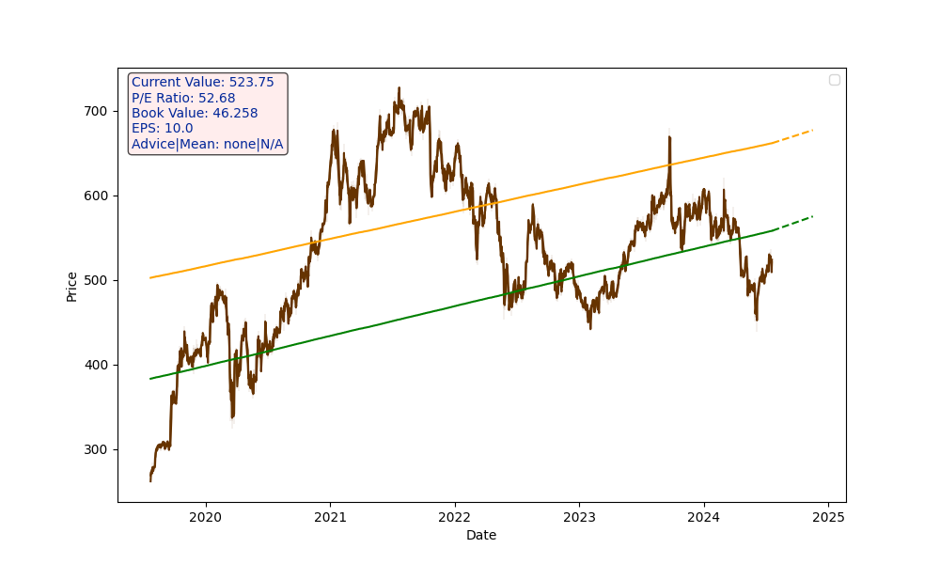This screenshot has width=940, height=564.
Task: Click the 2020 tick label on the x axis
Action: [x=205, y=517]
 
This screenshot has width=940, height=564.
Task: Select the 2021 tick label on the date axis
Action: [x=330, y=517]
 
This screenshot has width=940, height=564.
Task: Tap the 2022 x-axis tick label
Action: [x=454, y=517]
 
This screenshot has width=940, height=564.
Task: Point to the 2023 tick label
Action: [x=579, y=517]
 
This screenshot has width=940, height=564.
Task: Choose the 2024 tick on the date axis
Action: [x=703, y=517]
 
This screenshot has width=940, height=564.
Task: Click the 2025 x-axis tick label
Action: [x=828, y=517]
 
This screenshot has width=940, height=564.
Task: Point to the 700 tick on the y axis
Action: [x=97, y=111]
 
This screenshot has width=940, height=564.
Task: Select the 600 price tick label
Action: [x=97, y=196]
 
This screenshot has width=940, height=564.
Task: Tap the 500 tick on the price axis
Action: [x=97, y=280]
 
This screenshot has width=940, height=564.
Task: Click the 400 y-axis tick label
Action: [x=97, y=365]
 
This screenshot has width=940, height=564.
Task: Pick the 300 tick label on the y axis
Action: [x=97, y=449]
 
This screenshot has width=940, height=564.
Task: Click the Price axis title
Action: [x=72, y=286]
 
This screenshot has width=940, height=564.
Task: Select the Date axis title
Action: [x=481, y=536]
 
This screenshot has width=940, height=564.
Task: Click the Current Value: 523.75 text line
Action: [x=203, y=83]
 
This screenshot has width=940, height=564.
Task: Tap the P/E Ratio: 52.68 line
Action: [x=183, y=98]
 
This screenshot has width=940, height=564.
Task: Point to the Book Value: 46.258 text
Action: [x=195, y=114]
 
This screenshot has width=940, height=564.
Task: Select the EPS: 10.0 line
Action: [x=162, y=129]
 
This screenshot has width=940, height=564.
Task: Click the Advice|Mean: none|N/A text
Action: [x=207, y=145]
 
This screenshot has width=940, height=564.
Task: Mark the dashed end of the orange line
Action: [x=794, y=136]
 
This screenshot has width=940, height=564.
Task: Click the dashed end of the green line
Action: [x=794, y=223]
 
